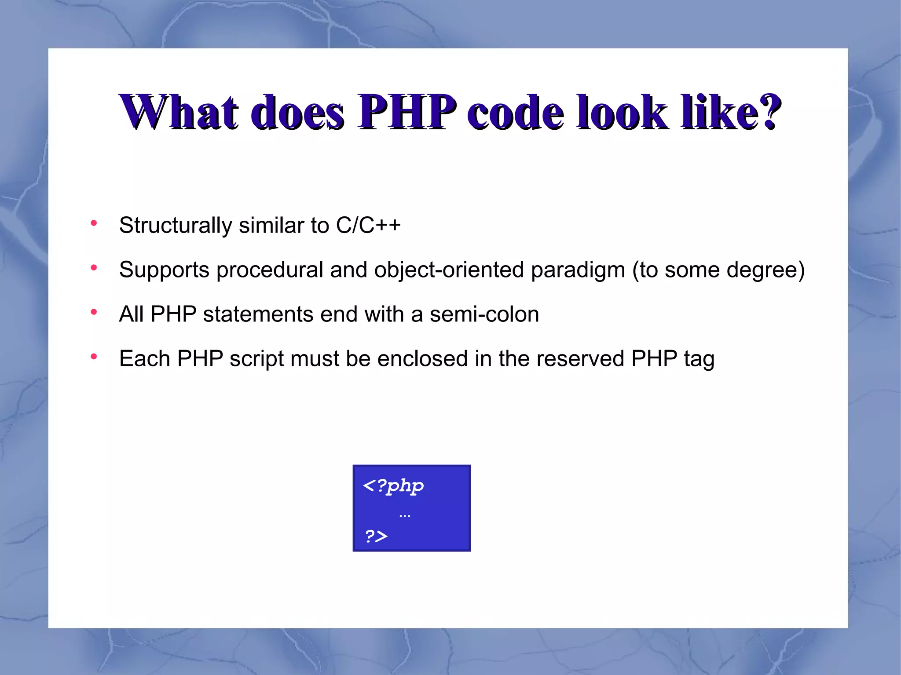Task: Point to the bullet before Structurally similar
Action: coord(94,223)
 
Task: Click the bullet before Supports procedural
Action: coord(94,268)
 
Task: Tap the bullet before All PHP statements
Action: coord(94,312)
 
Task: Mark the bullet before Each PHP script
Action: coord(94,357)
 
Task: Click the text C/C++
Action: coord(368,226)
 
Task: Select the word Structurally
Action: coord(175,226)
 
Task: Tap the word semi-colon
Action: coord(484,314)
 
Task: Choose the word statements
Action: coord(258,314)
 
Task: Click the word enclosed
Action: coord(422,359)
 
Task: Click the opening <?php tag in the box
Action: coord(393,486)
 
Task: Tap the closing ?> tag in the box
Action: coord(376,536)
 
